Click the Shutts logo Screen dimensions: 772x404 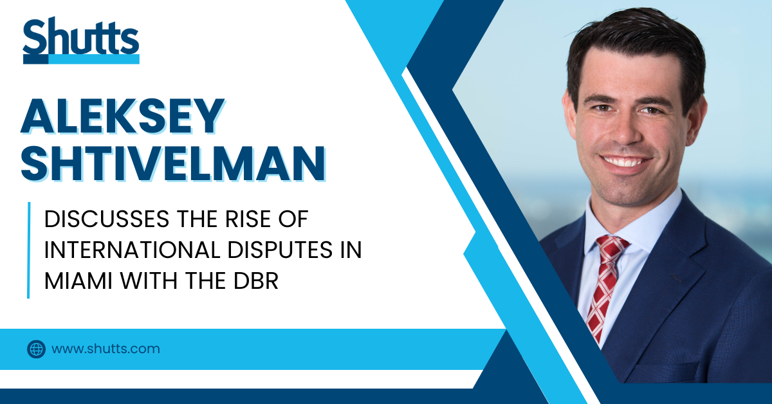(81, 40)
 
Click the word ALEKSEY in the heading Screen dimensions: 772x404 (123, 116)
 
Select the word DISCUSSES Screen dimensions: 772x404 (107, 219)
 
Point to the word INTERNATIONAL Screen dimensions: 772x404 (132, 250)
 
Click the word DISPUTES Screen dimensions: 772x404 (280, 250)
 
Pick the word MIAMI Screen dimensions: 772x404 (78, 281)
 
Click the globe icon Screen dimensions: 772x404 (36, 349)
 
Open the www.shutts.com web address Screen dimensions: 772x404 (106, 349)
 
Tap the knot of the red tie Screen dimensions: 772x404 (612, 247)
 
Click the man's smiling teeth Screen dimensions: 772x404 (625, 161)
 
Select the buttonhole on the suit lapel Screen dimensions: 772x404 (676, 278)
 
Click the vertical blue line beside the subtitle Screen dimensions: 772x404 (28, 250)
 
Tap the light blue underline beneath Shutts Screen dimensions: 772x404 (93, 59)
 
